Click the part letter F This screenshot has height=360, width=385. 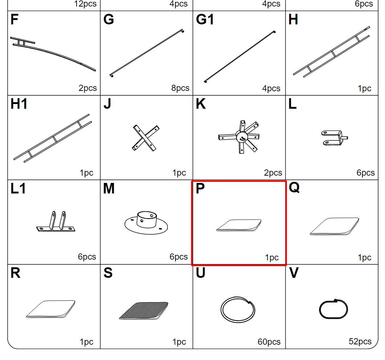[14, 19]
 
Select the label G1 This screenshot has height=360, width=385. [205, 19]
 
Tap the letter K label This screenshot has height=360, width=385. [200, 104]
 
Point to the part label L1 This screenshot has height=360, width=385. [18, 189]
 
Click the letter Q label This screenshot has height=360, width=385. [294, 188]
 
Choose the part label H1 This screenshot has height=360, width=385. [19, 104]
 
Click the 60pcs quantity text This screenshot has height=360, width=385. [269, 341]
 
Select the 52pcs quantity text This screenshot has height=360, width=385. [360, 341]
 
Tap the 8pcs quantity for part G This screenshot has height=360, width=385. [180, 88]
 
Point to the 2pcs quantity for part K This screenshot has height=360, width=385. [273, 173]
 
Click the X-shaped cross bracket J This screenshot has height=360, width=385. [146, 138]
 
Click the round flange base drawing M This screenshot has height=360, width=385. [146, 223]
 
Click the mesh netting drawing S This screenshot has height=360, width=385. [143, 311]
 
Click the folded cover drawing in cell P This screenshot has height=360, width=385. [239, 225]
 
